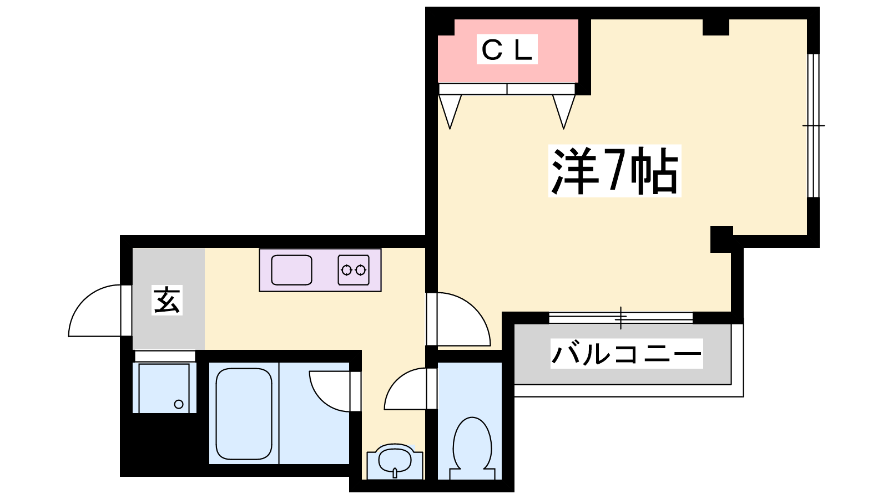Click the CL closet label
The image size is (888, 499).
pyautogui.click(x=507, y=50)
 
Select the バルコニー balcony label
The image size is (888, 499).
pyautogui.click(x=627, y=354)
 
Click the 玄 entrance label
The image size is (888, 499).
pyautogui.click(x=167, y=301)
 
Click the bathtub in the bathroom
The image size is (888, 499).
pyautogui.click(x=244, y=414)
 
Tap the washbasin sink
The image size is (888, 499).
pyautogui.click(x=395, y=460)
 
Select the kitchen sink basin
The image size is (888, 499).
pyautogui.click(x=291, y=270)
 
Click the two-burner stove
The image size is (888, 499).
pyautogui.click(x=354, y=270)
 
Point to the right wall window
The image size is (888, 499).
pyautogui.click(x=813, y=125)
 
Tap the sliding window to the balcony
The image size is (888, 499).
pyautogui.click(x=620, y=318)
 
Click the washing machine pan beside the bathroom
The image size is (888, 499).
pyautogui.click(x=164, y=388)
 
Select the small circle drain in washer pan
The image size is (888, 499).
pyautogui.click(x=179, y=404)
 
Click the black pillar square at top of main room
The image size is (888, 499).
pyautogui.click(x=715, y=27)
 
